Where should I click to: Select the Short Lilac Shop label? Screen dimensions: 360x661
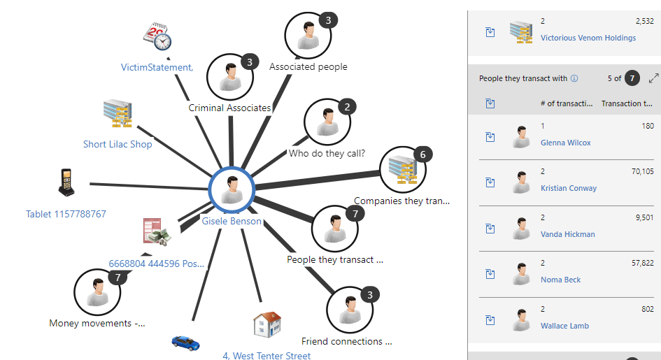tap(118, 145)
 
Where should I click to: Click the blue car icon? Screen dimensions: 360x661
tap(185, 343)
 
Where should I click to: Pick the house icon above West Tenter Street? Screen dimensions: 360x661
tap(267, 325)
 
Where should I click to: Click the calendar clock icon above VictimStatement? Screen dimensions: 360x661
tap(157, 37)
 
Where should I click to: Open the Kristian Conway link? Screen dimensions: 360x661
tap(569, 188)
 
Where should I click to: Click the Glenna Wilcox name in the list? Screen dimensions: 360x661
tap(565, 143)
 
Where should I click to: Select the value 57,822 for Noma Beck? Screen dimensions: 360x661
tap(642, 263)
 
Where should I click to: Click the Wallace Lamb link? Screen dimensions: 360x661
tap(564, 326)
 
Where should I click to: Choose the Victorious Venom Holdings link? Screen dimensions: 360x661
tap(588, 38)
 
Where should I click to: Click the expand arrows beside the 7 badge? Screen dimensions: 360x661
tap(654, 78)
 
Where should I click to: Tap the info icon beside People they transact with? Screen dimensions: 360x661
tap(574, 79)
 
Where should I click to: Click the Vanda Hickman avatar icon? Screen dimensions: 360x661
tap(520, 228)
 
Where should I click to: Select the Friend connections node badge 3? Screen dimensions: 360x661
tap(370, 294)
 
